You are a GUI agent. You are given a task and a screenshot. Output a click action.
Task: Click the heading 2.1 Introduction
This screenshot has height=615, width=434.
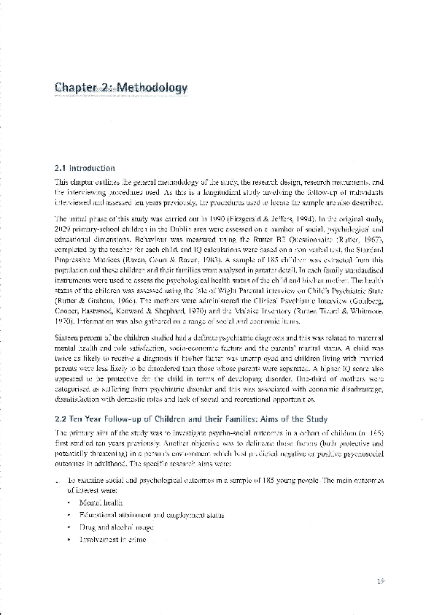tap(85, 167)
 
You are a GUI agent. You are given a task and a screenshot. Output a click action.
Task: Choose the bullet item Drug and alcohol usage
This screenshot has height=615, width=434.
tap(112, 527)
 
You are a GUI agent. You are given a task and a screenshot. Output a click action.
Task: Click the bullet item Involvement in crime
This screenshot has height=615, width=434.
tap(109, 539)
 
